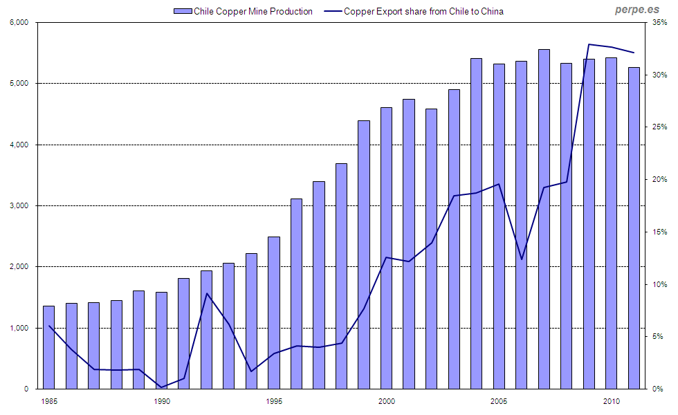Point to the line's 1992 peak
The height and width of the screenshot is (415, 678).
coord(206,293)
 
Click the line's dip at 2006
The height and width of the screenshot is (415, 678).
coord(522,259)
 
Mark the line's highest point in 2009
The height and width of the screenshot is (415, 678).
coord(589,44)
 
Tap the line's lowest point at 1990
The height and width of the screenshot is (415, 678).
coord(161,387)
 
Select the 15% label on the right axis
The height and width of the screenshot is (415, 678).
coord(659,232)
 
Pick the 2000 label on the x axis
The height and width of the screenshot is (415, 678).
coord(386,400)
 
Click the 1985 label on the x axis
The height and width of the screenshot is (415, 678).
coord(48,400)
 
